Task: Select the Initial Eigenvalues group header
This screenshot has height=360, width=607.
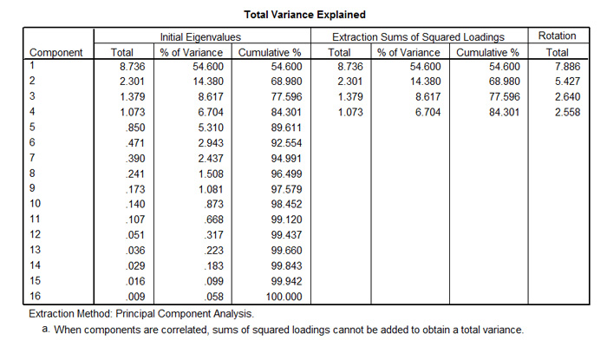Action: click(x=201, y=37)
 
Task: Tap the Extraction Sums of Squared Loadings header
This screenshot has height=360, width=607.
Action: click(x=419, y=37)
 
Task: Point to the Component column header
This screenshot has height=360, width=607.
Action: click(x=56, y=52)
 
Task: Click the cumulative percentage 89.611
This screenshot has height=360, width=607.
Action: click(x=284, y=127)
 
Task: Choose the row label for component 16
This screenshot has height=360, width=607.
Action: click(x=36, y=297)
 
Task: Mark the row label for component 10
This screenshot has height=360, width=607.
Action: click(x=36, y=204)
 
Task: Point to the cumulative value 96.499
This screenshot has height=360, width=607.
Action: click(x=284, y=173)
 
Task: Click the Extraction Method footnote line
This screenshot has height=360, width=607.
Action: click(x=141, y=313)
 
